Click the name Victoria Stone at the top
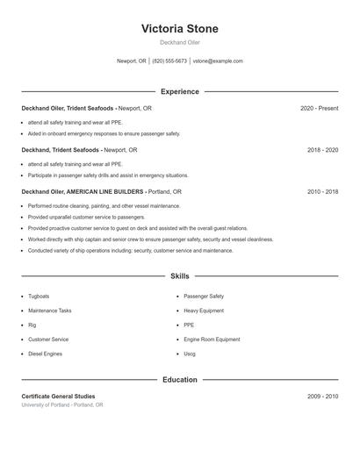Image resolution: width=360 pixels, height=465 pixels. pos(180,29)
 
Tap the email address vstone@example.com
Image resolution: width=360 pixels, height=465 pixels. pos(218,61)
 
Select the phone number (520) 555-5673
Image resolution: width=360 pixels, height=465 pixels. pos(169,61)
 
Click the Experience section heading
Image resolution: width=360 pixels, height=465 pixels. pos(180,91)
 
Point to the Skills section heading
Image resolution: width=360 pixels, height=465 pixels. pos(180,275)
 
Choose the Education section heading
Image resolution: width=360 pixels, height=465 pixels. pos(180,380)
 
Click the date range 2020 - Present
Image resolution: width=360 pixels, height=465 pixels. pos(319,108)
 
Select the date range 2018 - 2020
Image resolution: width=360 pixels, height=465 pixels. pos(322,149)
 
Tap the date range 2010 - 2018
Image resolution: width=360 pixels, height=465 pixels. pos(322,191)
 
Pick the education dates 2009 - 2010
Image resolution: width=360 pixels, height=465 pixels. pos(322,397)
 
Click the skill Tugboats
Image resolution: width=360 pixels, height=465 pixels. pos(39,297)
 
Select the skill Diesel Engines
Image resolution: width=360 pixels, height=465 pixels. pos(45,354)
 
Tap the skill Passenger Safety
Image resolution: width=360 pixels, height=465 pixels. pos(204,297)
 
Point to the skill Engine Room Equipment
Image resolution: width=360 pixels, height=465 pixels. pos(212,340)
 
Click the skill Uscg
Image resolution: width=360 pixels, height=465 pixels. pos(190,354)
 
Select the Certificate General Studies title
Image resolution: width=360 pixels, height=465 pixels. pos(58,397)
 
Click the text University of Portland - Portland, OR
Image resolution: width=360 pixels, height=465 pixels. pos(62,405)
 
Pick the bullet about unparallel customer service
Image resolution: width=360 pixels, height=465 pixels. pos(86,217)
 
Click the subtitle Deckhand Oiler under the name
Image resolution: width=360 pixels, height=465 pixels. pos(180,42)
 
